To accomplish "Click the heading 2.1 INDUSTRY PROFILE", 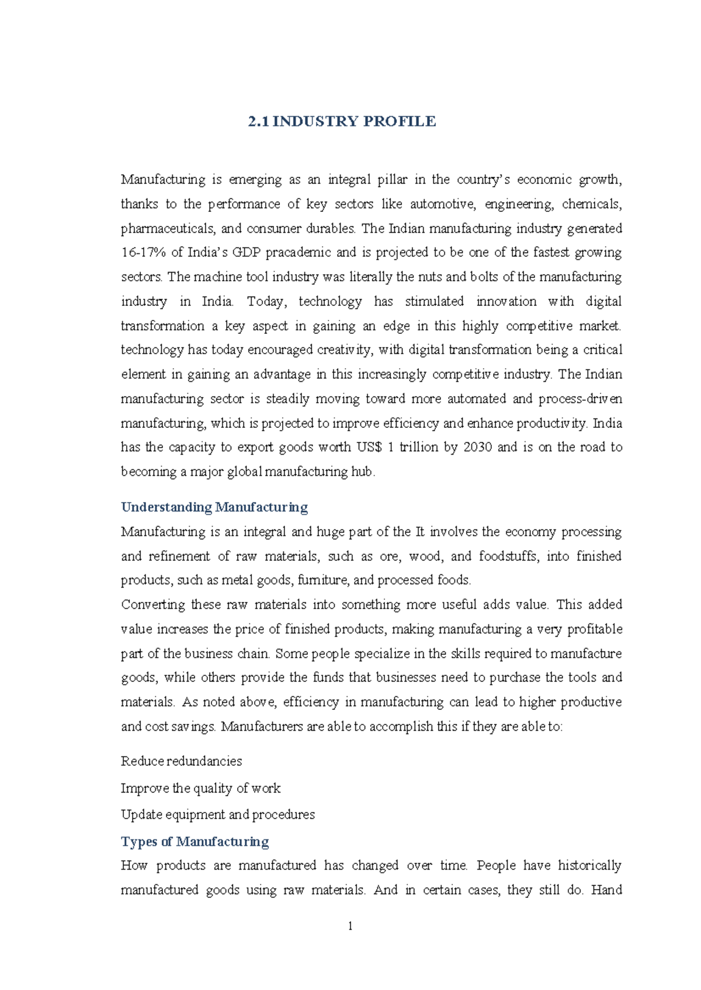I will pyautogui.click(x=342, y=121).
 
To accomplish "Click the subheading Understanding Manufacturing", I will pyautogui.click(x=214, y=507).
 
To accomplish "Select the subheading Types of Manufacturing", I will pyautogui.click(x=195, y=841).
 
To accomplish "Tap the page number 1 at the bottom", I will pyautogui.click(x=350, y=926).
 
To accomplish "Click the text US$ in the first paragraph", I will pyautogui.click(x=369, y=447).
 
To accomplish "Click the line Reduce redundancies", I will pyautogui.click(x=181, y=761).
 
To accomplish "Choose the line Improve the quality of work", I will pyautogui.click(x=200, y=788).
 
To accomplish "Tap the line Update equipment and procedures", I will pyautogui.click(x=217, y=814).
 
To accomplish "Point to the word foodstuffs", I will pyautogui.click(x=507, y=556).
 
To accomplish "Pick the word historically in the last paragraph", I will pyautogui.click(x=589, y=865).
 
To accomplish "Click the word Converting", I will pyautogui.click(x=151, y=605).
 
